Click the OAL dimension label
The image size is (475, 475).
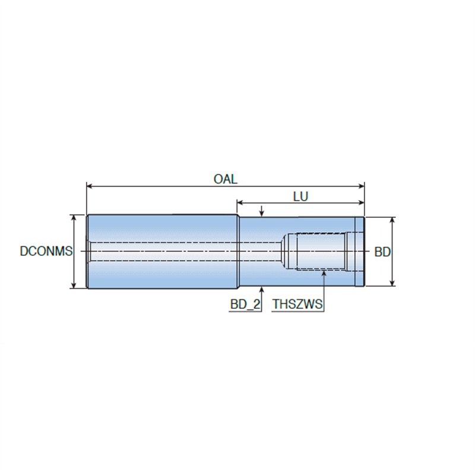[226, 179]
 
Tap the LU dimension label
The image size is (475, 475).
[300, 197]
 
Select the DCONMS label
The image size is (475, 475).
[46, 251]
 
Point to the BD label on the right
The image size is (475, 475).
[382, 252]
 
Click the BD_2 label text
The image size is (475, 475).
[245, 304]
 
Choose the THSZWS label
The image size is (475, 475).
[297, 304]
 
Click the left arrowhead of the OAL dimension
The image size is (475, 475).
[90, 186]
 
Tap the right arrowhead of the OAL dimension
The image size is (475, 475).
[361, 186]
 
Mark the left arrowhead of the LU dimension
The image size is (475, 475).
[240, 202]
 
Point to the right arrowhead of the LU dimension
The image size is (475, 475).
[361, 202]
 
